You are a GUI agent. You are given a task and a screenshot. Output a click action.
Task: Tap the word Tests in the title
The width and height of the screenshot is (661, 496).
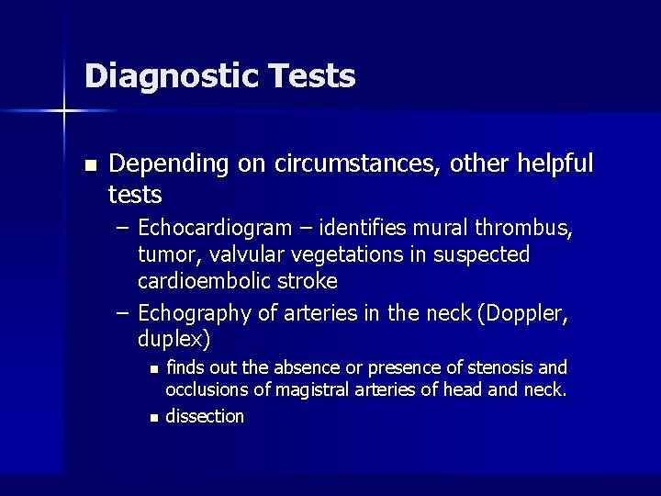coord(312,76)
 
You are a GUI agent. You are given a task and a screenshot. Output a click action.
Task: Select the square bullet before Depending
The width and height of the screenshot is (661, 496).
coord(89,166)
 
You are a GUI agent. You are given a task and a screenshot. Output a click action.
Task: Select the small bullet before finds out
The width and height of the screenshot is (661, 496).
coord(153,369)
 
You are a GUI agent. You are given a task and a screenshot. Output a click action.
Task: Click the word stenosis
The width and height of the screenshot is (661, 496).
coord(500,368)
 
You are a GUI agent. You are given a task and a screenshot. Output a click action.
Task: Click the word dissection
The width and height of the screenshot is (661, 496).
coord(205,416)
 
